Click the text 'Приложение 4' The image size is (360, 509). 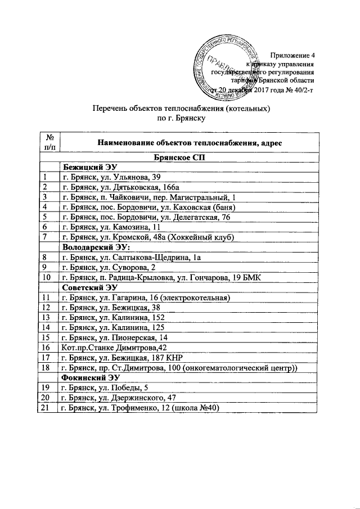292,55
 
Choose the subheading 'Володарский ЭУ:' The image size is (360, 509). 96,247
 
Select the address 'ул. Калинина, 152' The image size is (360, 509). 130,317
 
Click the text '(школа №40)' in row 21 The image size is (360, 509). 195,408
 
